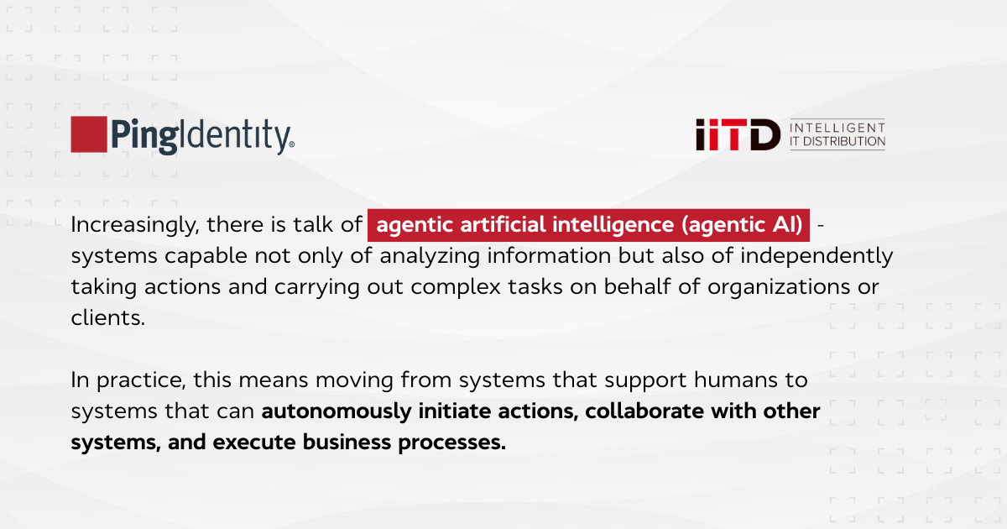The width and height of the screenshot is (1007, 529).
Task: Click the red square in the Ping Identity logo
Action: tap(88, 134)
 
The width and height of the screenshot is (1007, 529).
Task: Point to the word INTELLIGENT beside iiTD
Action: tap(837, 126)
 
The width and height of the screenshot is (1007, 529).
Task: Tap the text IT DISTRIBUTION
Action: tap(837, 142)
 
